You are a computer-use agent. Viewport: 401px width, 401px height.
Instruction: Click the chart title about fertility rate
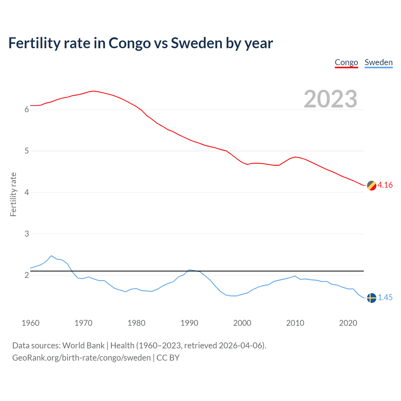[x=141, y=43]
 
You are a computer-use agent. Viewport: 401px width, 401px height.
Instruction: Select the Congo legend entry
[x=346, y=63]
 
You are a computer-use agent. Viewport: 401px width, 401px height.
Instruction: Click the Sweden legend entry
[x=378, y=63]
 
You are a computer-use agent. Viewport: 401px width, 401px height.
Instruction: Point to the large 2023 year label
[x=331, y=99]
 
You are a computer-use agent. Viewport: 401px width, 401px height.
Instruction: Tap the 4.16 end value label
[x=385, y=185]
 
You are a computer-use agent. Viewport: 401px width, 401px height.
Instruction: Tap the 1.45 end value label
[x=385, y=298]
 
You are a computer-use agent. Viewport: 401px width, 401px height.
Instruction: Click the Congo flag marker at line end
[x=372, y=185]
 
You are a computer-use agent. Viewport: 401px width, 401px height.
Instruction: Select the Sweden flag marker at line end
[x=372, y=298]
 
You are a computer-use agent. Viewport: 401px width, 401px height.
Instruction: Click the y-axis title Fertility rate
[x=13, y=194]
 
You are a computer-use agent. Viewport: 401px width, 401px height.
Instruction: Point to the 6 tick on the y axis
[x=27, y=109]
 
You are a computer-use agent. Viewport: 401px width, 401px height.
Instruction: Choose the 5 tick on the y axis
[x=27, y=151]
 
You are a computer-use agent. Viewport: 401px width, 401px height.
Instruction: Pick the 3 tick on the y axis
[x=27, y=234]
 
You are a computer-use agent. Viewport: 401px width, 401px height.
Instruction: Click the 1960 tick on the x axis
[x=30, y=323]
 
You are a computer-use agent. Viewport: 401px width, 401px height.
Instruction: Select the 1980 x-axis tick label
[x=136, y=323]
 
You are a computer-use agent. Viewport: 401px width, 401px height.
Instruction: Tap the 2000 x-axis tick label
[x=242, y=323]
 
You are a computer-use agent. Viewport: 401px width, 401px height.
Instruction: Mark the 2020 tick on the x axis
[x=348, y=323]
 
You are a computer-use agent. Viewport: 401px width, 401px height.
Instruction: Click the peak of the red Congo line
[x=94, y=91]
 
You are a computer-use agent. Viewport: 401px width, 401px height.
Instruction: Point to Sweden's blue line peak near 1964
[x=51, y=256]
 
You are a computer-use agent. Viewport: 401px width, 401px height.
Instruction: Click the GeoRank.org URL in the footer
[x=81, y=358]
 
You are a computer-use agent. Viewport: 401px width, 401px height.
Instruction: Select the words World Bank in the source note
[x=83, y=346]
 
